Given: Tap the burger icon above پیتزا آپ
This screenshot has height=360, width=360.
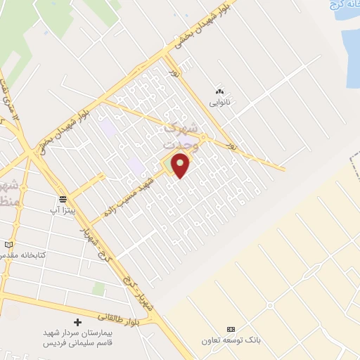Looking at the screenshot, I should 63,199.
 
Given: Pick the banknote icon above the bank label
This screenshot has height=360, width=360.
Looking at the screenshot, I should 230,329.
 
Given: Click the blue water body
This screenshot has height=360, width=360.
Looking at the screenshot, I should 349,42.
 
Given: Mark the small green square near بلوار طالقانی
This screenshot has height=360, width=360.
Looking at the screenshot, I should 99,289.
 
